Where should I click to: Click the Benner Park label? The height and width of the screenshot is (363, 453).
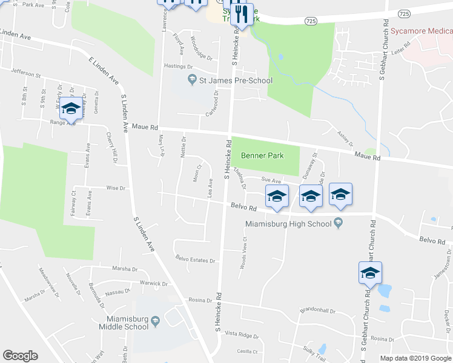click(262, 155)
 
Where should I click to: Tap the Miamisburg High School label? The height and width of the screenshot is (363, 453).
click(288, 224)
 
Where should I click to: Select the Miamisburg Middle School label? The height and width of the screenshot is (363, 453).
click(124, 322)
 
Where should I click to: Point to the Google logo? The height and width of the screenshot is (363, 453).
click(20, 356)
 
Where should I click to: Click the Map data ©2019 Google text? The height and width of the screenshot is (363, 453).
click(415, 358)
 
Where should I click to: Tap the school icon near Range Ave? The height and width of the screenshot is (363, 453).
click(71, 109)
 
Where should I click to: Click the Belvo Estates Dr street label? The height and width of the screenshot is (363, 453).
click(196, 261)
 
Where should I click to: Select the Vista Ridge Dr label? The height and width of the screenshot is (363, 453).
click(242, 335)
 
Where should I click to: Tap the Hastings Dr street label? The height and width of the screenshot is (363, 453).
click(177, 67)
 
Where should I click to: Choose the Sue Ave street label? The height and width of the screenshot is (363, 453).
click(271, 180)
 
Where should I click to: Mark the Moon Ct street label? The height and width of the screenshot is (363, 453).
click(197, 172)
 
